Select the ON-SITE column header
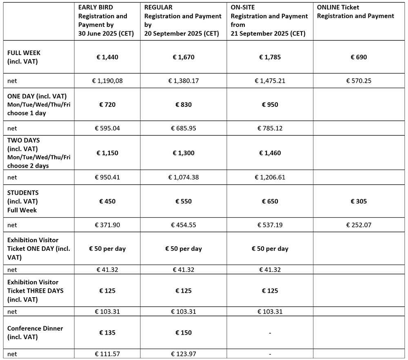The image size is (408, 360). tap(269, 20)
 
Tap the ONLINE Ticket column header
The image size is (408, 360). tap(356, 12)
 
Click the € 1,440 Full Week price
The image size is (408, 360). tap(107, 57)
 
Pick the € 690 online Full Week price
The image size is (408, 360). tap(359, 57)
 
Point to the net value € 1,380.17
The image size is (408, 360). tap(184, 81)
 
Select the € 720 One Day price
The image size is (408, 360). tap(107, 104)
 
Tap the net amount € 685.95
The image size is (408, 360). tap(184, 128)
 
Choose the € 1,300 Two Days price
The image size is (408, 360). tap(184, 153)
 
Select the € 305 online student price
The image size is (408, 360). tap(359, 201)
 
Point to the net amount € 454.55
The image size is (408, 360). tap(184, 225)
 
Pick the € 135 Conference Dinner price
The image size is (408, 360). tap(107, 333)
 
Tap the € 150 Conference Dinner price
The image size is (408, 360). tap(184, 333)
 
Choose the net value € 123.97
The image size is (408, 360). tap(184, 354)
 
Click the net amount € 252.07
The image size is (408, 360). tap(359, 225)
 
